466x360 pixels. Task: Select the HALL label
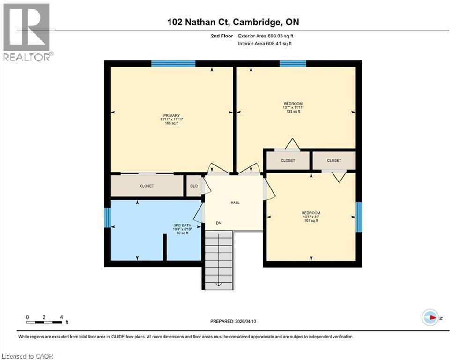point(235,202)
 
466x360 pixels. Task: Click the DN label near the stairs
point(218,223)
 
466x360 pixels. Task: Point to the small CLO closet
point(193,186)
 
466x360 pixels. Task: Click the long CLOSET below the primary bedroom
point(147,186)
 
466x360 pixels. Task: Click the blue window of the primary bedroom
point(173,64)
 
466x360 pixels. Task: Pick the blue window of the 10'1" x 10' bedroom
point(359,217)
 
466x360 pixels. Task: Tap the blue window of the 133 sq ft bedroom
point(293,64)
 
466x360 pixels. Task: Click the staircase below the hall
point(219,260)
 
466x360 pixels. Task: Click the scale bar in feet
point(44,322)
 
